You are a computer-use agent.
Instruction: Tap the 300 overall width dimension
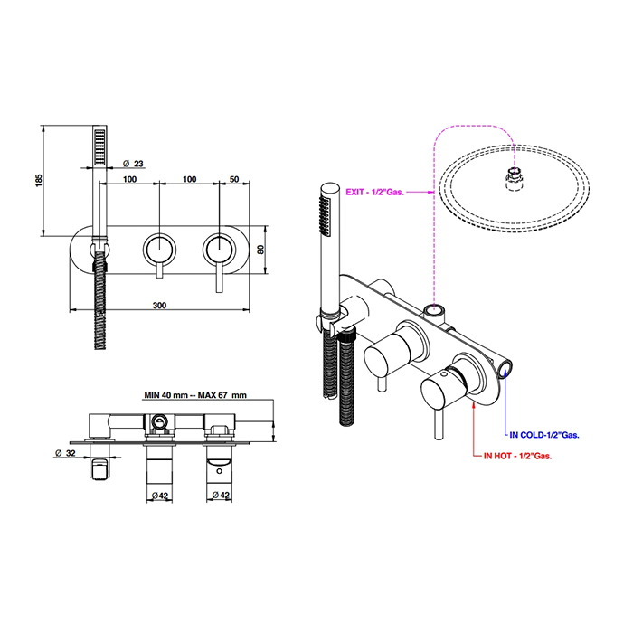159,307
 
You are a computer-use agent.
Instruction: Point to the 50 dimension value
234,179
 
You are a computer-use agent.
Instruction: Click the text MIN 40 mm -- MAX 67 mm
195,395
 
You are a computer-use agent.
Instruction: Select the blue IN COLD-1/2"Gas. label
544,435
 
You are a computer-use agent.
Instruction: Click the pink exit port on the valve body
434,311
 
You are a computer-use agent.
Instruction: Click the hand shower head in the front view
99,149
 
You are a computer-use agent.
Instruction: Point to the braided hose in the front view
99,294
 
